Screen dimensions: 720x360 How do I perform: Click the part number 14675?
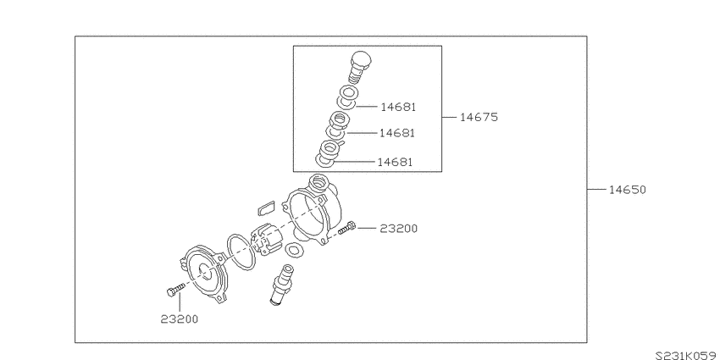pos(479,118)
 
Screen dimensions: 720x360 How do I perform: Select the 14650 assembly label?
pos(627,190)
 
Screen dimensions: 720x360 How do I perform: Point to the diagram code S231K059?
pos(687,356)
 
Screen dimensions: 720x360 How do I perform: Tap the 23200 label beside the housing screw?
pos(399,228)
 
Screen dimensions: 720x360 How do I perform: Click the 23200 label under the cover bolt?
pos(180,319)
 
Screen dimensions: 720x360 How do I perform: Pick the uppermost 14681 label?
pos(398,107)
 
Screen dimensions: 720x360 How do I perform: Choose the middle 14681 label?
pos(396,133)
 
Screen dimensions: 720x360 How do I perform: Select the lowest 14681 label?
pos(395,162)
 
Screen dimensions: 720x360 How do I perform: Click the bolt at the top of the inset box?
pos(359,66)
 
